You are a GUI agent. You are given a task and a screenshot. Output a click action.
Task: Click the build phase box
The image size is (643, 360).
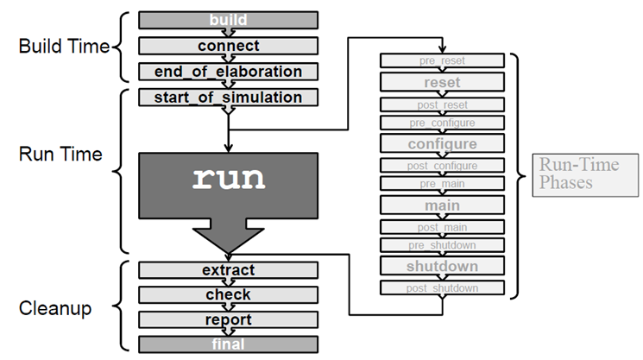point(228,19)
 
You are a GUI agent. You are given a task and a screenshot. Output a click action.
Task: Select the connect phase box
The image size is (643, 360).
point(228,45)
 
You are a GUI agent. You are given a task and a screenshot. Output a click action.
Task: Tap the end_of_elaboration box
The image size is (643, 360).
point(228,72)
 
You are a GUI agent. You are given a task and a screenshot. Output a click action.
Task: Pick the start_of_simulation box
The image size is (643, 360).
point(228,97)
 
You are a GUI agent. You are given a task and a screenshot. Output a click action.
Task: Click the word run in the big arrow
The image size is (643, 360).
point(228,179)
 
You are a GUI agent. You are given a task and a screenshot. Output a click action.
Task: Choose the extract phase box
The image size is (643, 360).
point(228,270)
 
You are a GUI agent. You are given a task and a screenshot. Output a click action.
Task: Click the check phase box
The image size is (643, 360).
point(228,294)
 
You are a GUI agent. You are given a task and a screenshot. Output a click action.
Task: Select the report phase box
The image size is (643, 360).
point(228,319)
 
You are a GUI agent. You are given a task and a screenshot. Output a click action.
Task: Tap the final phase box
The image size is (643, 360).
point(228,344)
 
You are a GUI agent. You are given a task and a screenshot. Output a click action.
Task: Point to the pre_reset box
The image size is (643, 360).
point(442,61)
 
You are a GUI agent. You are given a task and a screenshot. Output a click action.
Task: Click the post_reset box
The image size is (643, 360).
point(442,104)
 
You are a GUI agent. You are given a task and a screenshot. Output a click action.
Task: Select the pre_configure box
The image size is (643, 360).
point(442,123)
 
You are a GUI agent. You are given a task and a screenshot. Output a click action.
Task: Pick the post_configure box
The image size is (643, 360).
point(442,164)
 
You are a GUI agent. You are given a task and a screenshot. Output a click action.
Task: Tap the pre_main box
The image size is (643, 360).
point(442,184)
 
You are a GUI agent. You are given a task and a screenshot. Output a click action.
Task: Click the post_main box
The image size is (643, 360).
point(442,225)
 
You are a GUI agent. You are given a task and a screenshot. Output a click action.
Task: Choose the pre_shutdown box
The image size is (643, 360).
point(442,245)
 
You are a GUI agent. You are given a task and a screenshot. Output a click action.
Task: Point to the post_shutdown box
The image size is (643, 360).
point(442,287)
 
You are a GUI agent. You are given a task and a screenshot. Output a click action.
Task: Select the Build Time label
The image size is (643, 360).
point(64,46)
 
